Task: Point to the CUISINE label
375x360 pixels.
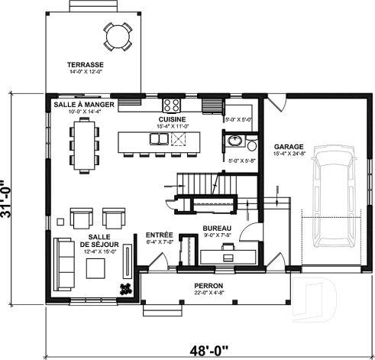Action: coord(172,120)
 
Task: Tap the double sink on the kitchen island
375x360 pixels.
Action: coord(159,139)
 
